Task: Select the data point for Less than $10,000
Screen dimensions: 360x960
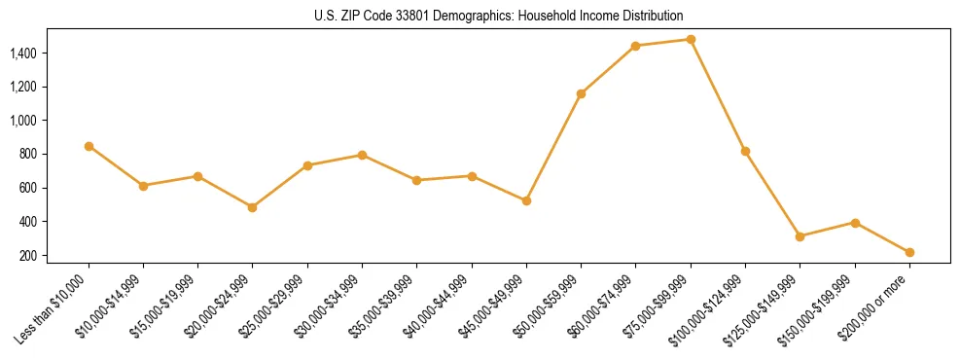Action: coord(89,146)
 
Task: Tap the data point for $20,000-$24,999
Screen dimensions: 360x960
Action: coord(252,207)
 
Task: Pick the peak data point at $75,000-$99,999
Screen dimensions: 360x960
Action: coord(691,40)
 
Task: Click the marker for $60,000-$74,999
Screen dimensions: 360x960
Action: coord(635,46)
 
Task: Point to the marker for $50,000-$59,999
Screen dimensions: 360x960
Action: coord(581,93)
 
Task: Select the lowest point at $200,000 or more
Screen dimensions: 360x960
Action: coord(909,252)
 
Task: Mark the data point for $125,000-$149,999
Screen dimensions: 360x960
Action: coord(800,236)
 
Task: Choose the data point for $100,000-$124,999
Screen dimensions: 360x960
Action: coord(745,151)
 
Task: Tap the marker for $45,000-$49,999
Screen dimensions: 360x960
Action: coord(526,200)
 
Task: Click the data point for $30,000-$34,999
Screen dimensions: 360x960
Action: coord(362,155)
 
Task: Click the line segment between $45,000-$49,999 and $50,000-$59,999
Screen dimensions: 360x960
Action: coord(553,147)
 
